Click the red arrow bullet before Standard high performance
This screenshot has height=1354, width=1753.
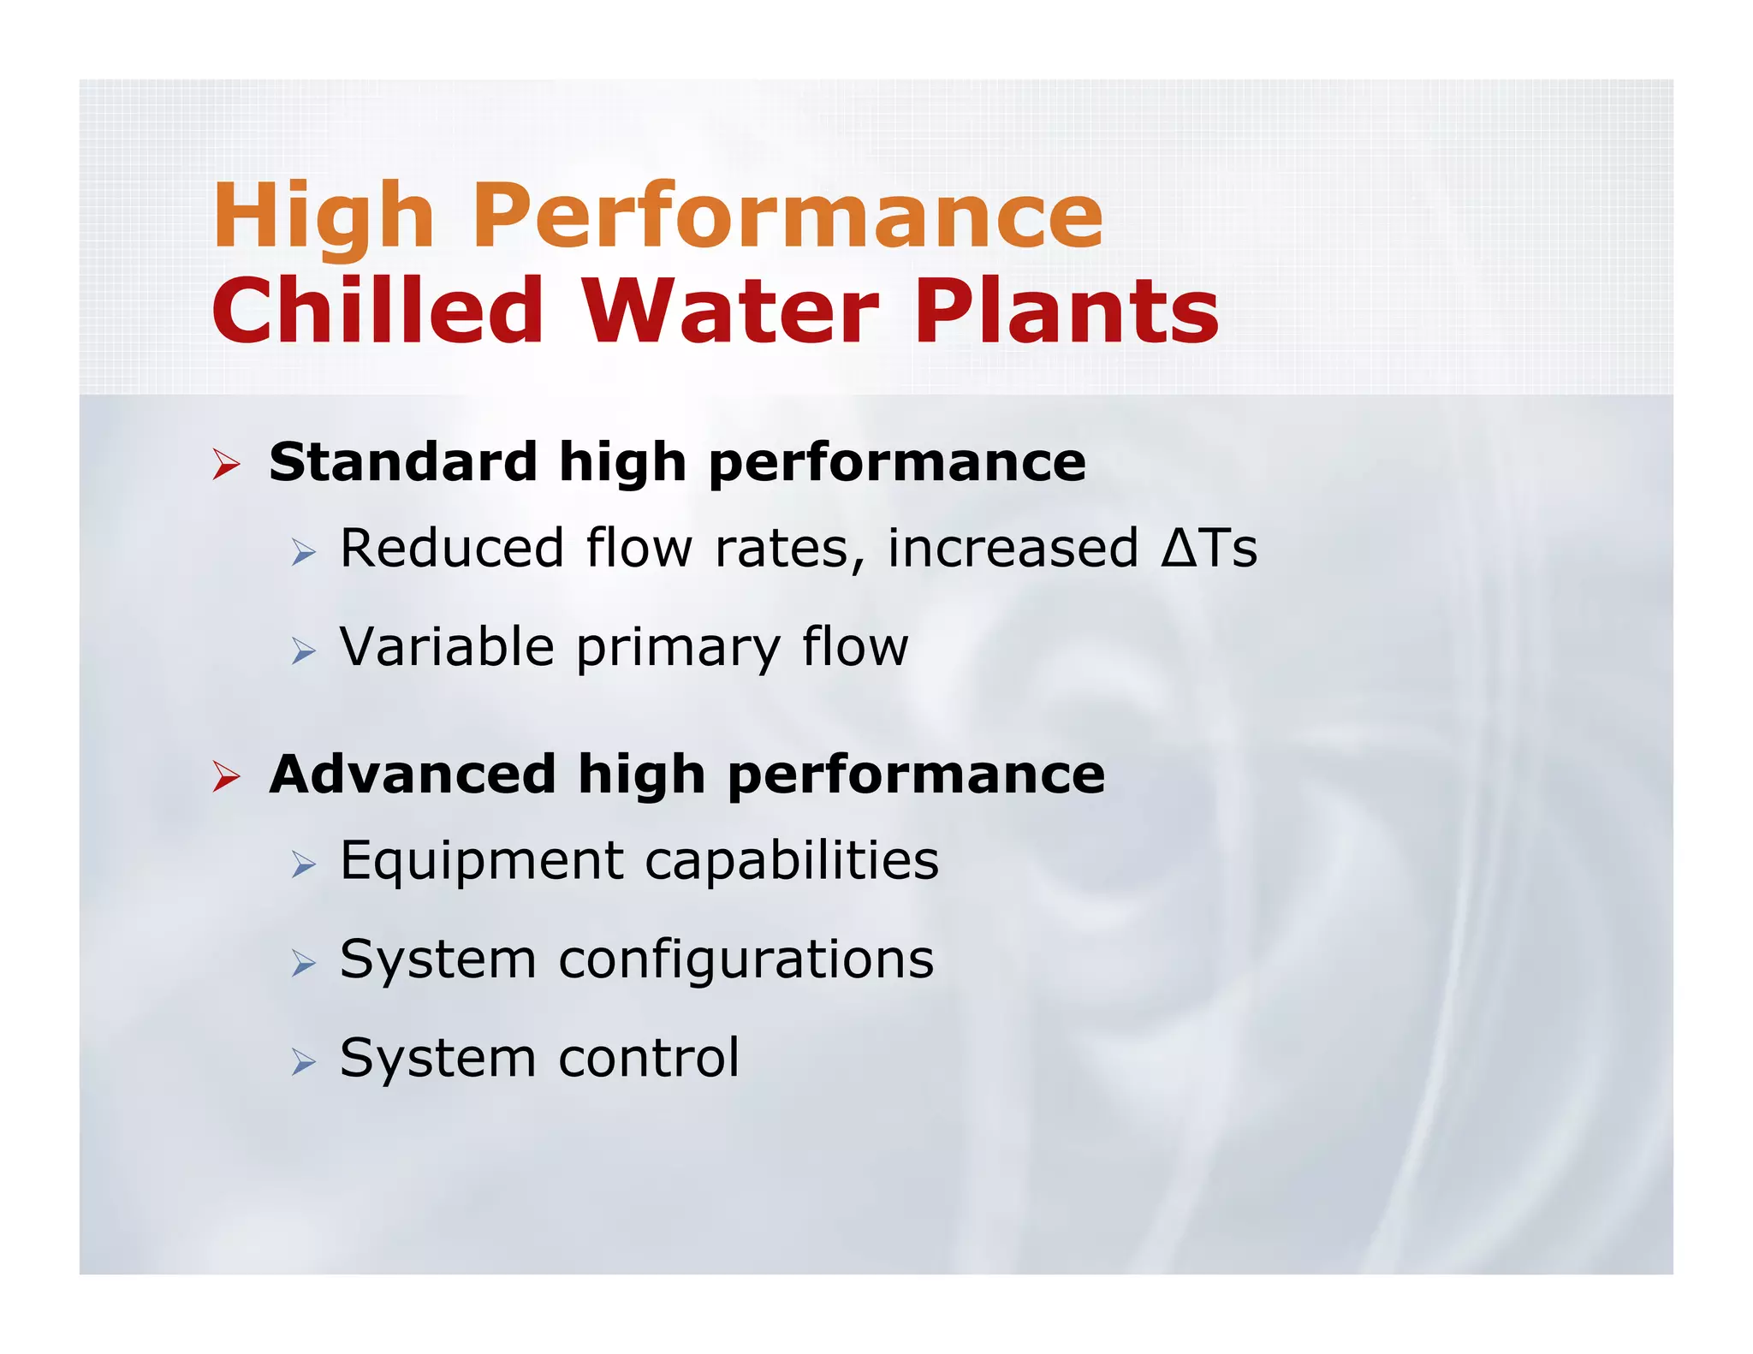pyautogui.click(x=226, y=465)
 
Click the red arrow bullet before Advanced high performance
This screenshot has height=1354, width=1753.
pyautogui.click(x=226, y=776)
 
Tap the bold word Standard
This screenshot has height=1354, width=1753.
pyautogui.click(x=402, y=462)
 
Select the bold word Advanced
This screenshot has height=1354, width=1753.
pyautogui.click(x=413, y=774)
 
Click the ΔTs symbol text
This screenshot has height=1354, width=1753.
pyautogui.click(x=1209, y=548)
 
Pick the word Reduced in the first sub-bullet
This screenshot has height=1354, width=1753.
pyautogui.click(x=452, y=548)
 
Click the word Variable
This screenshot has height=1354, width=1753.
pyautogui.click(x=447, y=646)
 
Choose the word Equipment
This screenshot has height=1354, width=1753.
pyautogui.click(x=482, y=861)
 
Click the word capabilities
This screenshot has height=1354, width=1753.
pyautogui.click(x=792, y=861)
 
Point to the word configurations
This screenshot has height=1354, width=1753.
pyautogui.click(x=746, y=959)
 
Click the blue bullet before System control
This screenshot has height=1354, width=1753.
pyautogui.click(x=303, y=1062)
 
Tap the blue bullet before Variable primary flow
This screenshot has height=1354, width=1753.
pyautogui.click(x=303, y=651)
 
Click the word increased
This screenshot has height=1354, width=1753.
pyautogui.click(x=1013, y=548)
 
